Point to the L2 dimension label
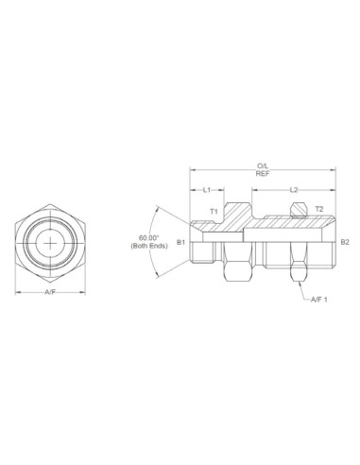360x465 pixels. click(294, 189)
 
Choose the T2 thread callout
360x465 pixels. click(318, 209)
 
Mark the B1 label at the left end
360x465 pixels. click(180, 242)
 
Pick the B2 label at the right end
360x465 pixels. click(344, 242)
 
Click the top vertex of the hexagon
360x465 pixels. click(50, 202)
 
